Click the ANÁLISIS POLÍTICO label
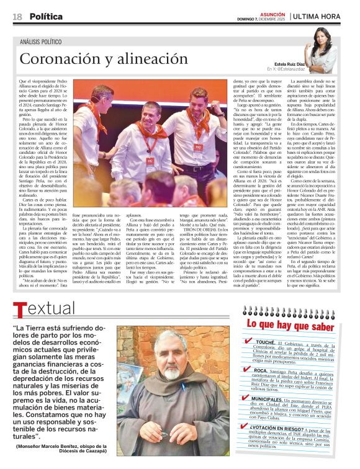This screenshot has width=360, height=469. click(44, 42)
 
